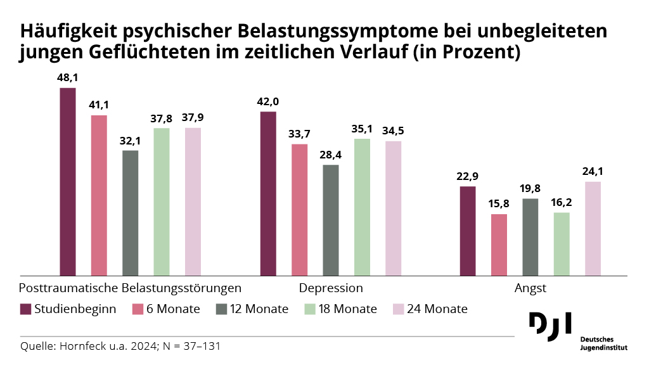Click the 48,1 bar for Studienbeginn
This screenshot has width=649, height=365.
(67, 182)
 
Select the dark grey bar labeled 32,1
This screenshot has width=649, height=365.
(130, 213)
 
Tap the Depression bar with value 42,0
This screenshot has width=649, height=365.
(268, 194)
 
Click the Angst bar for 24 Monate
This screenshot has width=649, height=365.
(593, 229)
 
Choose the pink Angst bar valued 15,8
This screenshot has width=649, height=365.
(499, 245)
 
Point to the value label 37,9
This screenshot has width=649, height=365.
(193, 117)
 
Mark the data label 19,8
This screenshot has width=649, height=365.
(530, 188)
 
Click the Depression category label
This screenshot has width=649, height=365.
(331, 288)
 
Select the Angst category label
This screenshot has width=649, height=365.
(530, 288)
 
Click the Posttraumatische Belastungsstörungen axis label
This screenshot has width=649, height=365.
(131, 288)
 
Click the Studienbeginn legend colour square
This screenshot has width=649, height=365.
(26, 309)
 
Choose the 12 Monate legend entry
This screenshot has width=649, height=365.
(252, 309)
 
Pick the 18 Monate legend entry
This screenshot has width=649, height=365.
(340, 309)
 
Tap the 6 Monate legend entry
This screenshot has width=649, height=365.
(166, 309)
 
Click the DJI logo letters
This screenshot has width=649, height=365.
(549, 323)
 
